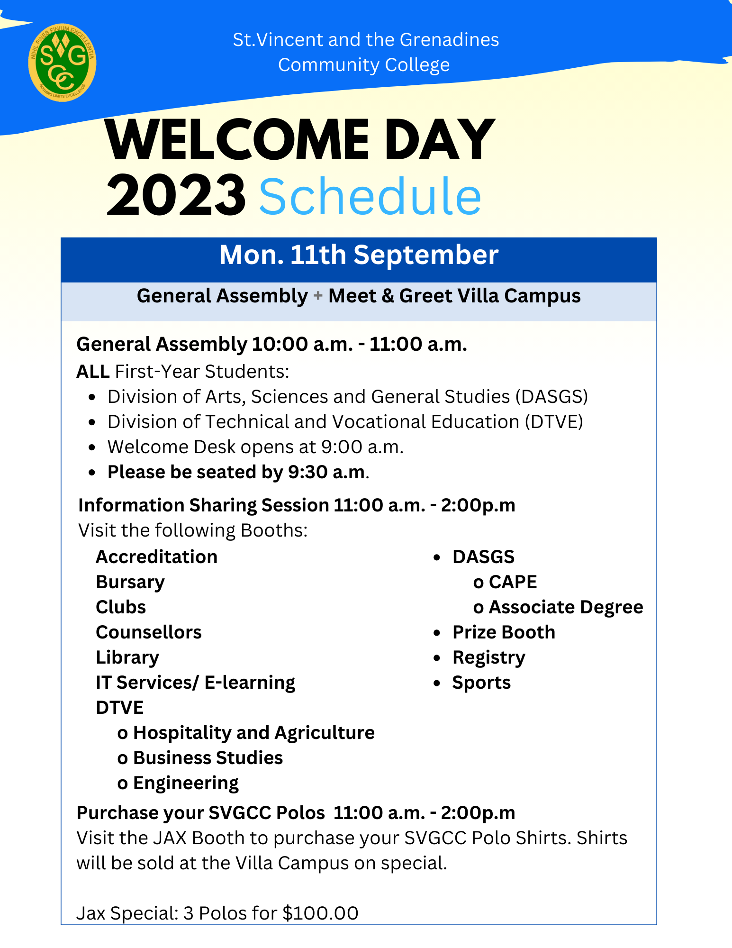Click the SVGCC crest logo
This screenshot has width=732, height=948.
coord(62,62)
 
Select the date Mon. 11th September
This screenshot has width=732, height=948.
coord(359,255)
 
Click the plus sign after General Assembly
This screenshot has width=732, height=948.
coord(318,296)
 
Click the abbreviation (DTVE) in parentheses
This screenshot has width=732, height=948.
coord(554,422)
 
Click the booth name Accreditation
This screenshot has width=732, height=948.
coord(156,557)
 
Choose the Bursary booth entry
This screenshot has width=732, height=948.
coord(130,582)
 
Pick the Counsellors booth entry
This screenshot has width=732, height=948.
coord(149,632)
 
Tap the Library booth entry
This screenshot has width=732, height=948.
coord(127,657)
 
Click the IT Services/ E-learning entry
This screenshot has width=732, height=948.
coord(195,683)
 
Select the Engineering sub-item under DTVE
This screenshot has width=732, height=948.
coord(186,783)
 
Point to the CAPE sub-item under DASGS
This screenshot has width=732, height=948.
coord(513,582)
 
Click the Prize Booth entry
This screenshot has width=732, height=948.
coord(504,632)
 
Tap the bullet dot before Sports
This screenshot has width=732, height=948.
coord(437,683)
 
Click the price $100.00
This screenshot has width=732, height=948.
coord(320,913)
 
